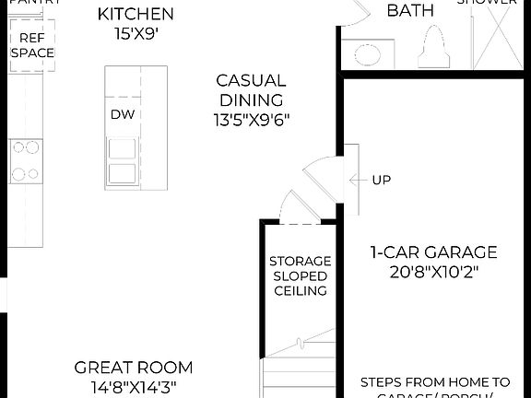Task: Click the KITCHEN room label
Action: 136,14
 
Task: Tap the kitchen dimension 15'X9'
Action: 136,34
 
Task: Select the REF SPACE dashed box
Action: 32,44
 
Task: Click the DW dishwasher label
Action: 123,114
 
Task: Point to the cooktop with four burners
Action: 25,159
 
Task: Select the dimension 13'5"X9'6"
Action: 251,119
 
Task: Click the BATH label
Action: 410,11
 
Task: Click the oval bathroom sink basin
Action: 368,55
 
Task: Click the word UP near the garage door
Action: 382,180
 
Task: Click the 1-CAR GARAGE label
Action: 433,252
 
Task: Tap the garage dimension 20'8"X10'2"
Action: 433,272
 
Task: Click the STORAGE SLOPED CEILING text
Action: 299,275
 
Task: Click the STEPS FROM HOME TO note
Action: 434,381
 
